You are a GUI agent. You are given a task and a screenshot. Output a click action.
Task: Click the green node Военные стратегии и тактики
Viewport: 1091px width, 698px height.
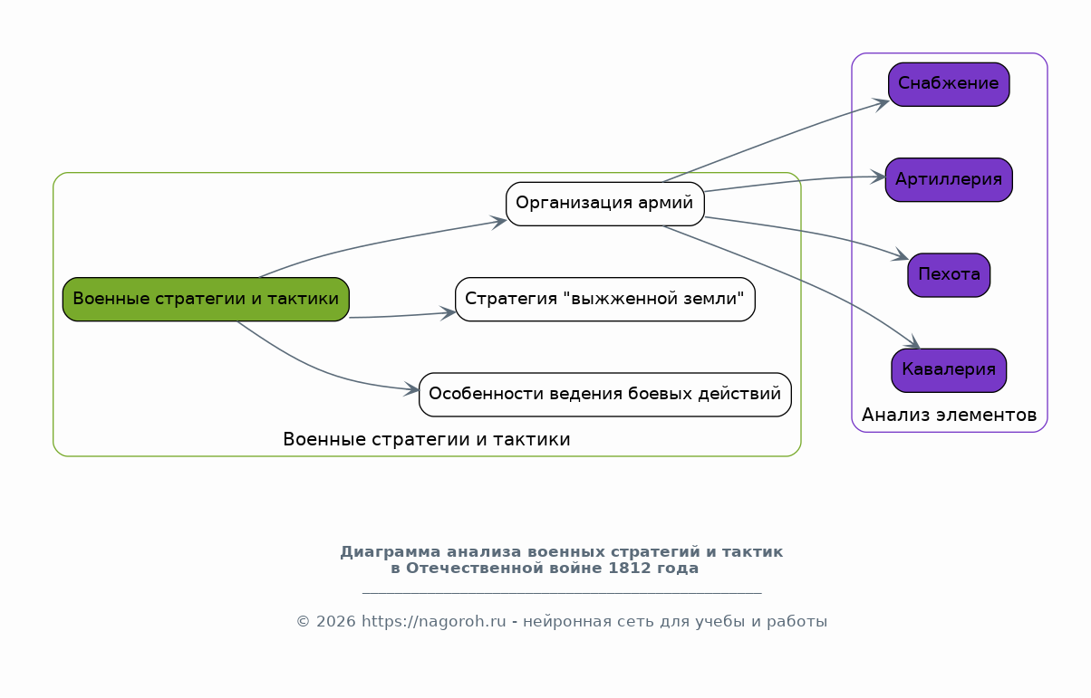click(206, 299)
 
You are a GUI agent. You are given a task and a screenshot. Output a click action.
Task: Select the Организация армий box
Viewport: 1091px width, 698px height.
click(604, 204)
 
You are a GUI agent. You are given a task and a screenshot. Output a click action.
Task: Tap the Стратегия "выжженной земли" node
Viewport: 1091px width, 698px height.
click(604, 299)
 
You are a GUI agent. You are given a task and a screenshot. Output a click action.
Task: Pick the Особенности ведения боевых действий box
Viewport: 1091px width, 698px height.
click(604, 395)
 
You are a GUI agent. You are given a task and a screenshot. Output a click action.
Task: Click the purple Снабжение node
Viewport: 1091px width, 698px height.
click(948, 84)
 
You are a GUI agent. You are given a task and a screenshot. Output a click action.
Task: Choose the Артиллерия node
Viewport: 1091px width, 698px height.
click(948, 179)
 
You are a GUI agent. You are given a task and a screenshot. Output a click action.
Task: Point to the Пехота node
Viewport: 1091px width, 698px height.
click(948, 275)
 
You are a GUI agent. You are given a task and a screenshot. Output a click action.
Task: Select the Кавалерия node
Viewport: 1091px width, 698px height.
click(948, 370)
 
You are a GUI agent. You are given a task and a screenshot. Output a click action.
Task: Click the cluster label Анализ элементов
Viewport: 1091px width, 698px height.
click(949, 416)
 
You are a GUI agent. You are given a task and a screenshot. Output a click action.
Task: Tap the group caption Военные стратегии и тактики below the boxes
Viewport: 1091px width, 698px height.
click(426, 440)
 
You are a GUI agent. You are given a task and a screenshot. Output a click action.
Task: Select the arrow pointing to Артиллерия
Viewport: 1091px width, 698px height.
click(797, 180)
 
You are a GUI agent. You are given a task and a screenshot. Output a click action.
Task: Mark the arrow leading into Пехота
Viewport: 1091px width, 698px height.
click(816, 234)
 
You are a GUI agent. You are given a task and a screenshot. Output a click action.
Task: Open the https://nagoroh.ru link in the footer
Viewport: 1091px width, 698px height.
click(433, 622)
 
